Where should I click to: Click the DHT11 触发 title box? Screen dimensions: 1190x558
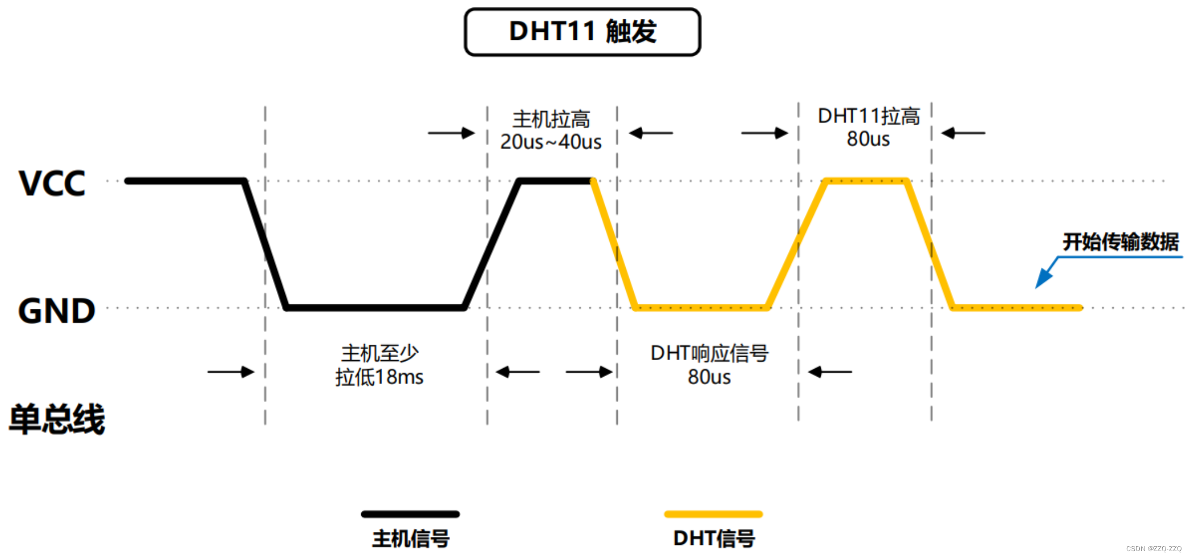coord(582,32)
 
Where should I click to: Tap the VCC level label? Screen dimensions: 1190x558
coord(52,183)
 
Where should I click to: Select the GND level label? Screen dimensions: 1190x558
coord(56,311)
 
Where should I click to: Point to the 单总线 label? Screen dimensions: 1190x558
coord(57,419)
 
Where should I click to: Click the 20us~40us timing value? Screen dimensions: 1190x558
coord(551,142)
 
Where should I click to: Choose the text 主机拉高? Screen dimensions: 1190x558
coord(551,119)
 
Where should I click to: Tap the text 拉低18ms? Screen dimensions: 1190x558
coord(379,377)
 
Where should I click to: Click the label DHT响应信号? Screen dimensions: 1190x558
coord(709,353)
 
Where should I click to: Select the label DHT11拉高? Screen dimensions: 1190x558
coord(869,116)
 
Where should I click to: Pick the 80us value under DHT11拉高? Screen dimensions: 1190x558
coord(868,139)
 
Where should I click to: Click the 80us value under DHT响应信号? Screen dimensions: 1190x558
coord(709,377)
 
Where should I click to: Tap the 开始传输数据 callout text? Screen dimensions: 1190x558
coord(1121,242)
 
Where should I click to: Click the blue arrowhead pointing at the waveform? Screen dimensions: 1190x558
coord(1043,279)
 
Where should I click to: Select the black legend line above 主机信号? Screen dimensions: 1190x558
coord(410,514)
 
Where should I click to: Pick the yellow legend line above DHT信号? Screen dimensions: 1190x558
coord(713,514)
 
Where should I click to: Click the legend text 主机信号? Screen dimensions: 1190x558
coord(411,539)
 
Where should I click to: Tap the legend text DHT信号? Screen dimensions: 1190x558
coord(714,539)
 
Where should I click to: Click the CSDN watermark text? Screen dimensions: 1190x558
coord(1154,549)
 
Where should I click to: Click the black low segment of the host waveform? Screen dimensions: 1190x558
coord(375,308)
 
